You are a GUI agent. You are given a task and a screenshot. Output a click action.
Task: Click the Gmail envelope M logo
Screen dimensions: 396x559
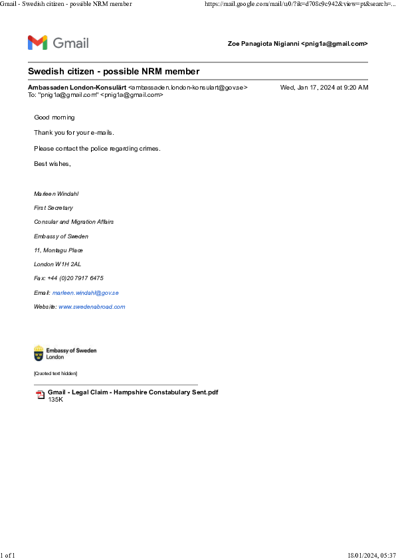37,42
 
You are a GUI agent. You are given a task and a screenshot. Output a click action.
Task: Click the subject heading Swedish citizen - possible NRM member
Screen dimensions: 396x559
114,71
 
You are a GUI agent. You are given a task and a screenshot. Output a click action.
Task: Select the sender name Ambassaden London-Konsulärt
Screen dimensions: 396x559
77,88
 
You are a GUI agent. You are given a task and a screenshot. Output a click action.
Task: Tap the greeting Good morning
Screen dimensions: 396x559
54,118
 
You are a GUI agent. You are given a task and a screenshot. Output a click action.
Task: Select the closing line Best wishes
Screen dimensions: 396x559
52,163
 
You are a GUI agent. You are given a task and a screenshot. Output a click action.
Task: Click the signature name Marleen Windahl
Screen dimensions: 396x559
56,194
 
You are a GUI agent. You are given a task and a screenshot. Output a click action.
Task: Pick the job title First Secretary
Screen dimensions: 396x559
54,208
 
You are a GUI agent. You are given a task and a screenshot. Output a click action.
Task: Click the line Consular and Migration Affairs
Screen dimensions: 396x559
74,222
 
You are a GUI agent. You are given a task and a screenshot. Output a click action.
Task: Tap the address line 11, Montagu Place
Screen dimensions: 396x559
58,250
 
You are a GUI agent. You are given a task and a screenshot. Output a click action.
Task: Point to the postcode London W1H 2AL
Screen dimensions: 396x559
57,264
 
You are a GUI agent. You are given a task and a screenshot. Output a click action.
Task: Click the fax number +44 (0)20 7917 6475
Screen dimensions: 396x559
75,278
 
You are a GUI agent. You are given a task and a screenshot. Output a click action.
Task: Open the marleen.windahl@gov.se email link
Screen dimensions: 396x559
85,293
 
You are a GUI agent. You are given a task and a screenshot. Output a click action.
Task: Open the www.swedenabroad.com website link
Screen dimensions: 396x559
92,307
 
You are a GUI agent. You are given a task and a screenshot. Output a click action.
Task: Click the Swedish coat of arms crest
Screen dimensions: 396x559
39,353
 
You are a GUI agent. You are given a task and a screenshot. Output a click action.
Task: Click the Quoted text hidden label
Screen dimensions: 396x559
55,374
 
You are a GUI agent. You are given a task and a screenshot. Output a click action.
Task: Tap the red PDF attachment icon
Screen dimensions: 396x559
40,395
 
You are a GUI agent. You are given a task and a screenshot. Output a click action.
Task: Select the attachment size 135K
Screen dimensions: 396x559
55,400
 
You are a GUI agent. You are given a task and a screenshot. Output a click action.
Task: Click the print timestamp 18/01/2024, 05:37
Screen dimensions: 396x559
371,555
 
